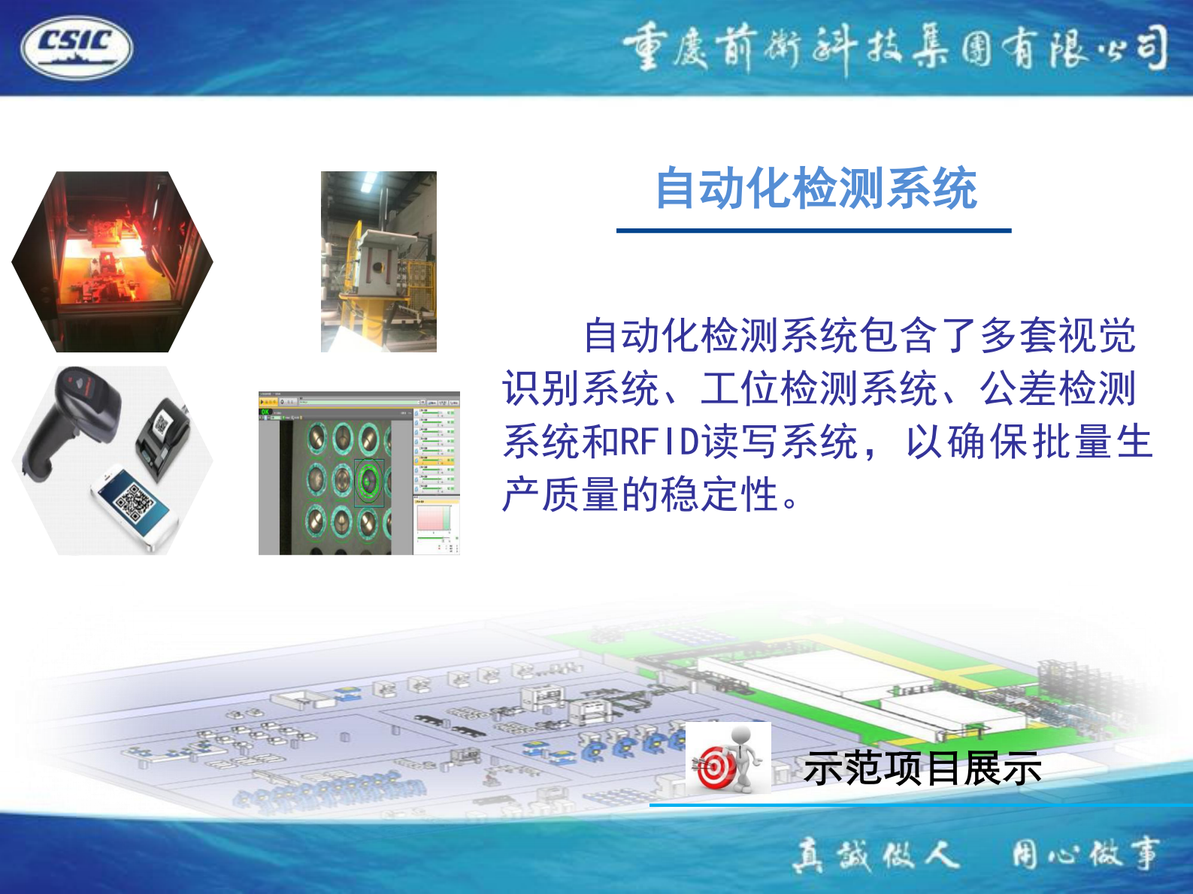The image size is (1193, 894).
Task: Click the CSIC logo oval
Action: pos(77,47)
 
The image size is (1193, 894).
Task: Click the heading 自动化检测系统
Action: pos(816,188)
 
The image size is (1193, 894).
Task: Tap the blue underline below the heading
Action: pos(813,231)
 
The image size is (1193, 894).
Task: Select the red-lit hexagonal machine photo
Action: pos(113,261)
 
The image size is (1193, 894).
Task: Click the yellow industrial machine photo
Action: pos(379,261)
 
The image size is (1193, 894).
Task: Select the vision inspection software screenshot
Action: pos(359,473)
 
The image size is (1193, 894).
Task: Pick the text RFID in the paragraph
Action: pos(653,442)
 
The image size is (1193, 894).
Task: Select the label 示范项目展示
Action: pos(922,768)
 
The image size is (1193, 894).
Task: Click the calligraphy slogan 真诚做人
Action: pos(876,855)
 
